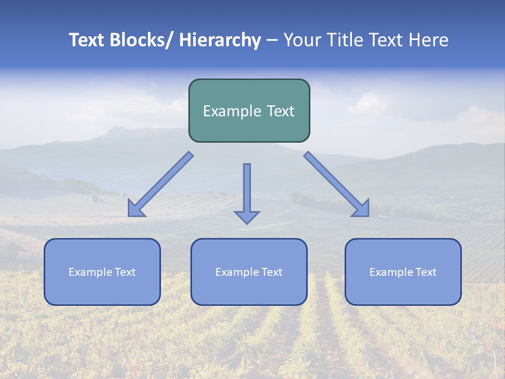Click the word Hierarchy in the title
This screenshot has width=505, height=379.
point(220,41)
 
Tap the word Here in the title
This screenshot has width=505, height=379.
point(429,41)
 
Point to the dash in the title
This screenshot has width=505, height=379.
point(272,41)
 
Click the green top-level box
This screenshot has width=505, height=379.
point(249,111)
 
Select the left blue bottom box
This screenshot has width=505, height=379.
point(102,272)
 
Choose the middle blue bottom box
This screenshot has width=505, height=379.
point(249,272)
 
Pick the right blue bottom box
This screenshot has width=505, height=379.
point(403,272)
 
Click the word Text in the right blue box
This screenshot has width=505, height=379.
point(426,272)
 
